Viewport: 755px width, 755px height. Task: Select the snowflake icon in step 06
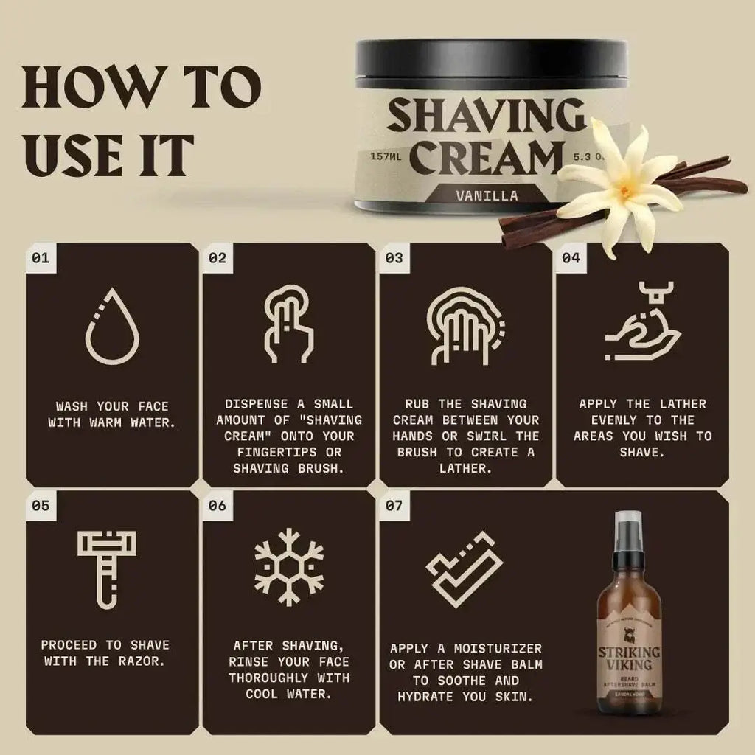pos(289,566)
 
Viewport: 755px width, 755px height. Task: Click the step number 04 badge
pos(571,258)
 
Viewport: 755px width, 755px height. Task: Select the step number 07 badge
pos(394,507)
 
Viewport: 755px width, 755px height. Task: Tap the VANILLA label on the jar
pos(487,196)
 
